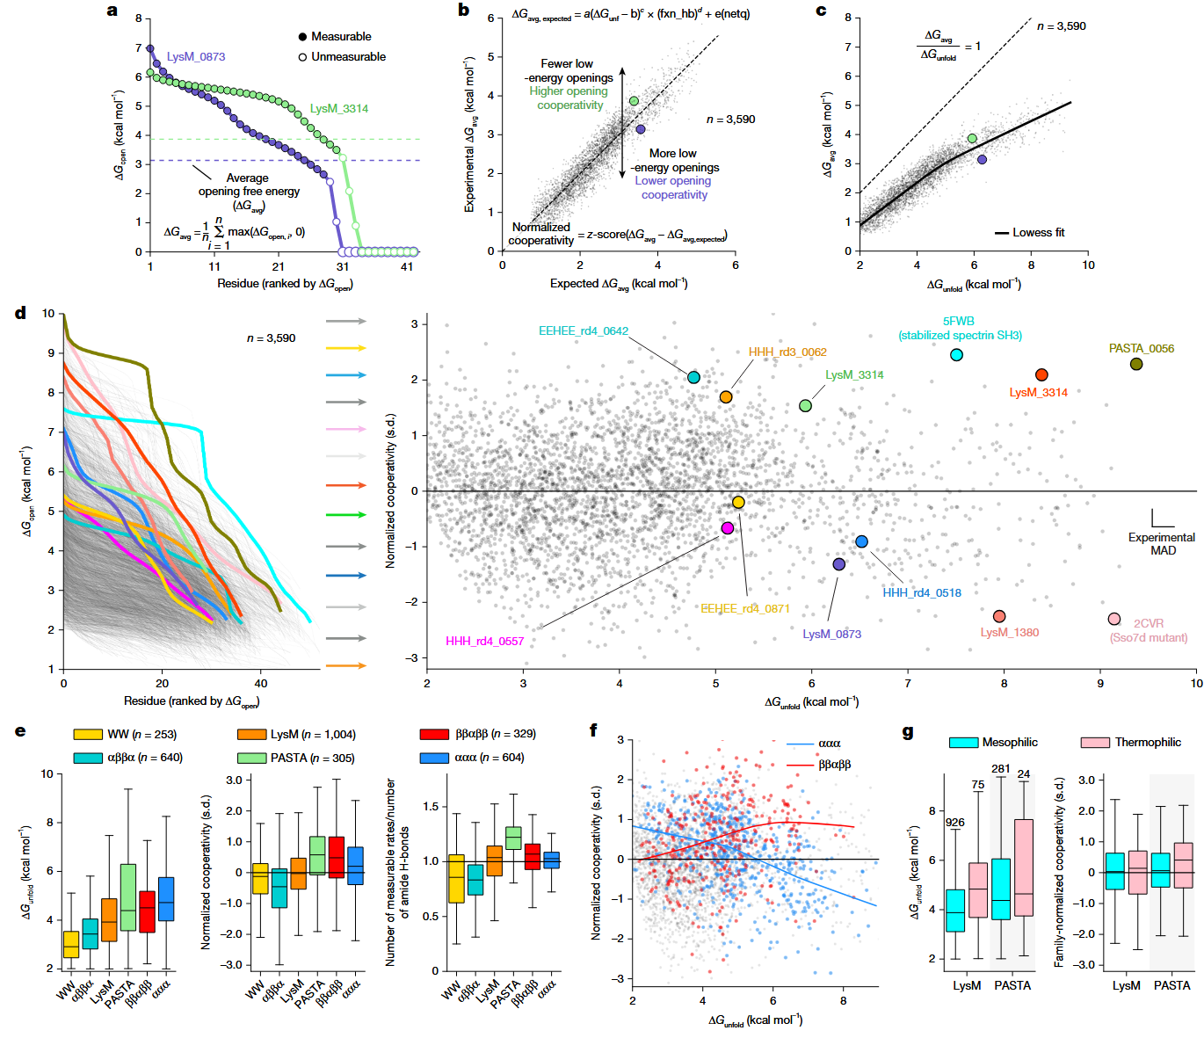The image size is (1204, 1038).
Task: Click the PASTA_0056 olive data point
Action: [x=1135, y=364]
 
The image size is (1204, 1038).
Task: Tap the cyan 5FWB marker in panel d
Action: [x=956, y=355]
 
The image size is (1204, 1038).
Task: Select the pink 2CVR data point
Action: [x=1113, y=619]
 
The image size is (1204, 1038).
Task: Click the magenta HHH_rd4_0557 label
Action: [x=484, y=642]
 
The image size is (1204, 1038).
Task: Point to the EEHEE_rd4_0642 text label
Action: [x=583, y=330]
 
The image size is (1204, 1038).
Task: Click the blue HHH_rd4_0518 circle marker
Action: [x=861, y=541]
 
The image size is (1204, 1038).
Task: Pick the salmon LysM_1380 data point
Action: [x=998, y=616]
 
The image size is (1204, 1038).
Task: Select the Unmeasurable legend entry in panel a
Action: [x=343, y=57]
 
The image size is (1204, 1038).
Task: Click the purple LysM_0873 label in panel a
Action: [x=196, y=56]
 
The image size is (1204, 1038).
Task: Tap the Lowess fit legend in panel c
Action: [x=1029, y=233]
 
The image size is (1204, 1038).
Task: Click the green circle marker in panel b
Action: [x=633, y=101]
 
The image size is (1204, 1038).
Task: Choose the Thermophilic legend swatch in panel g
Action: [x=1094, y=742]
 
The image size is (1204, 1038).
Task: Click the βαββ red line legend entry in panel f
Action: [x=817, y=765]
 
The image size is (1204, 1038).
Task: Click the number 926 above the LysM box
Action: [x=955, y=823]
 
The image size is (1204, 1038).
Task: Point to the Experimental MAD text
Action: [x=1162, y=544]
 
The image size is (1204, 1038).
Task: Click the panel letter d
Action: [x=20, y=313]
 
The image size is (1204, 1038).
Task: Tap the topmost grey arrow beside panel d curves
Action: [x=346, y=321]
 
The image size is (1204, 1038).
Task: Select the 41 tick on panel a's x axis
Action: [x=407, y=266]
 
